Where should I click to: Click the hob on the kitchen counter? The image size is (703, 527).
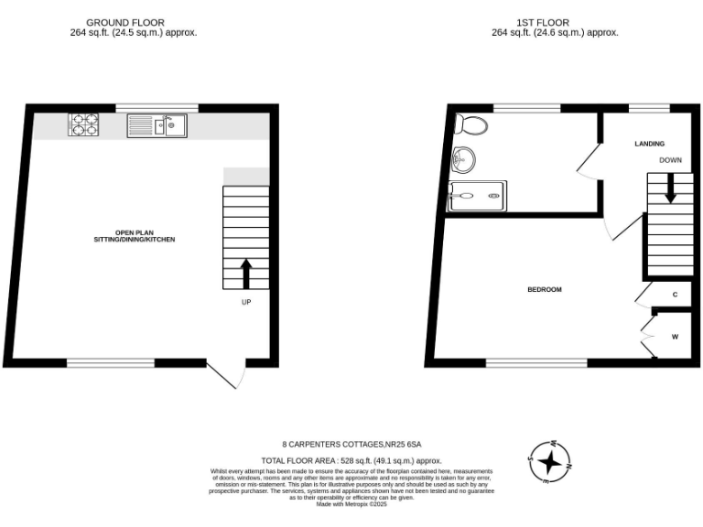pyautogui.click(x=83, y=124)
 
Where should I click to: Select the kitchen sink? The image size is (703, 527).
pyautogui.click(x=157, y=124)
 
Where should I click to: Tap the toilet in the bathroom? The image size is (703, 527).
pyautogui.click(x=472, y=124)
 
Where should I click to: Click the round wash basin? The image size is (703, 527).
pyautogui.click(x=465, y=160)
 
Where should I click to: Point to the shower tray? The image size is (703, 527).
pyautogui.click(x=476, y=195)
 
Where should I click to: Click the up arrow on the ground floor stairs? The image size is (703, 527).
pyautogui.click(x=246, y=271)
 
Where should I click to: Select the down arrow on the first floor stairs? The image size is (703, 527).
pyautogui.click(x=670, y=188)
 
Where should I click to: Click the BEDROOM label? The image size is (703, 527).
pyautogui.click(x=545, y=289)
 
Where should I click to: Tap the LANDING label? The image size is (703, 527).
pyautogui.click(x=649, y=144)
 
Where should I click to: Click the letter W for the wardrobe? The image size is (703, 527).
pyautogui.click(x=675, y=337)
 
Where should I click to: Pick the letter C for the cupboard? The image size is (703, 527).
pyautogui.click(x=675, y=295)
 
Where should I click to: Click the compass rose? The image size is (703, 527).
pyautogui.click(x=549, y=460)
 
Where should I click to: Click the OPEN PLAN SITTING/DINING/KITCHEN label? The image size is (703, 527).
pyautogui.click(x=134, y=235)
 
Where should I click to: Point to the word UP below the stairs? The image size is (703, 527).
pyautogui.click(x=246, y=302)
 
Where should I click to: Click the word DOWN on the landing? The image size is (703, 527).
pyautogui.click(x=670, y=160)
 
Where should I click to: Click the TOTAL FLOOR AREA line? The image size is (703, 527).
pyautogui.click(x=351, y=460)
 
